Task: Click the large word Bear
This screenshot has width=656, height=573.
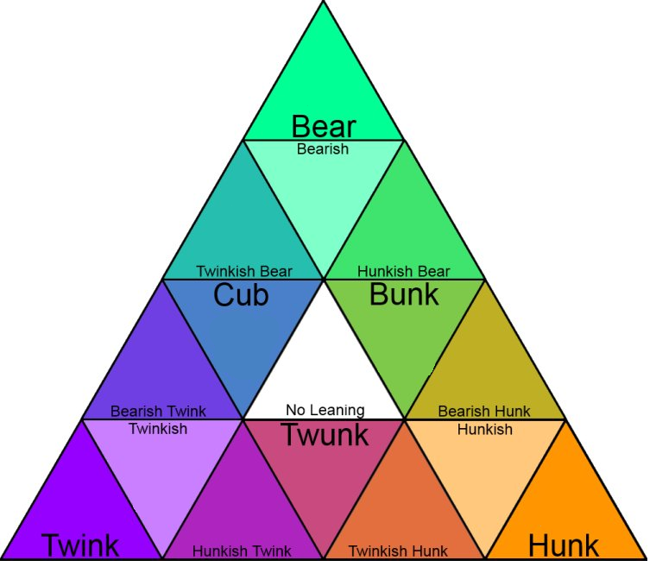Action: tap(324, 126)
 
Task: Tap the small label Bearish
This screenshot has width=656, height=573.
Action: tap(323, 149)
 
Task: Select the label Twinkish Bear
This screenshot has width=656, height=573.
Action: tap(243, 272)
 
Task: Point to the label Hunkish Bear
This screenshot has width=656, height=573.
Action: tap(403, 272)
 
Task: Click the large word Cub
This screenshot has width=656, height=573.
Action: tap(241, 296)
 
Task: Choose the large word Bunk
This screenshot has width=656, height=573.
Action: tap(404, 295)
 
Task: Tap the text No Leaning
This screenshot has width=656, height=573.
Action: tap(325, 411)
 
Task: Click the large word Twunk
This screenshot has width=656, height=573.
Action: tap(325, 436)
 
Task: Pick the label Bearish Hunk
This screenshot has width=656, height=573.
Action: tap(484, 412)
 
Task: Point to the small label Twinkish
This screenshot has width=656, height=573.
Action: tap(157, 429)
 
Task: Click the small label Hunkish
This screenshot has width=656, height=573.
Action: tap(485, 429)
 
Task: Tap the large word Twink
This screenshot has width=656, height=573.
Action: tap(80, 545)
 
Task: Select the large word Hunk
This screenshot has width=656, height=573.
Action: tap(563, 545)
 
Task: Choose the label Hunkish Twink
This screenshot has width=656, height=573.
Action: tap(242, 551)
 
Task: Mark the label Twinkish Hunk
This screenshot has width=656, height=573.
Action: tap(398, 551)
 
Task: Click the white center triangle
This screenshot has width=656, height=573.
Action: tap(324, 354)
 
